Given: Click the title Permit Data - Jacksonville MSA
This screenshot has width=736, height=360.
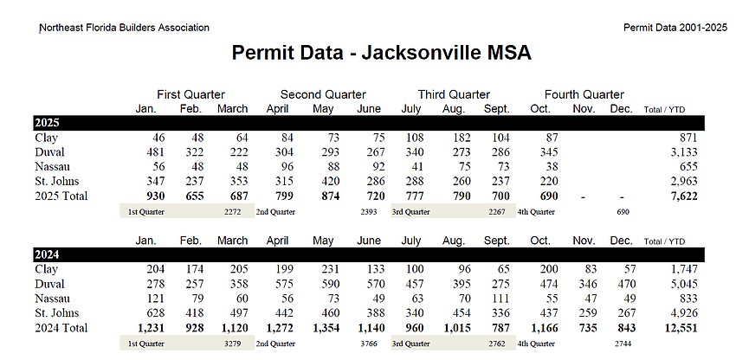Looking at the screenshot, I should pos(381,54).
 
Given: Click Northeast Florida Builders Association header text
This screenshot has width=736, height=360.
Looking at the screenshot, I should pos(125,28).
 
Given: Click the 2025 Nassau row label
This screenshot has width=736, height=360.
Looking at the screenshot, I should pos(52,168).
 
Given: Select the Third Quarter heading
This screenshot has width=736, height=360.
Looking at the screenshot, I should pos(454,94).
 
